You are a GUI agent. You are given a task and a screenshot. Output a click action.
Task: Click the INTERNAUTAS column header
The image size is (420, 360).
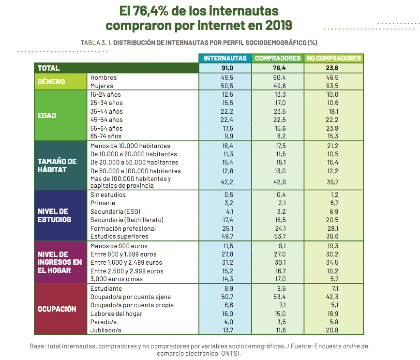225,58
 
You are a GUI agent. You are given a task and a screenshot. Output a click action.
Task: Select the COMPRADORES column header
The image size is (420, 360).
278,58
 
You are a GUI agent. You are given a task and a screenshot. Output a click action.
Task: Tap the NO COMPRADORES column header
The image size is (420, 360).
333,58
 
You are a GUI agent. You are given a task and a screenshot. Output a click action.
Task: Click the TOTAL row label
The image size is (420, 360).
49,68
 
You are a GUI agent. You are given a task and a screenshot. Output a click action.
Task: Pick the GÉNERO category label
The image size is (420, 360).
51,82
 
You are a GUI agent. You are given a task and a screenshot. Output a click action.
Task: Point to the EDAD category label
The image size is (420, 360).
47,116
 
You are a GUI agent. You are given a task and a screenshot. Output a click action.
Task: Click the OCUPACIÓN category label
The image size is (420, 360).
57,309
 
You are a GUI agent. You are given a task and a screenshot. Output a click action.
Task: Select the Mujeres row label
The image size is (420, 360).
102,86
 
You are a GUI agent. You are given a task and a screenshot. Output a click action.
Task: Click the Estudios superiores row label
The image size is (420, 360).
119,237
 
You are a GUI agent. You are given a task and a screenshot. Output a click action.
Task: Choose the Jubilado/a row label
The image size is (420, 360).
106,330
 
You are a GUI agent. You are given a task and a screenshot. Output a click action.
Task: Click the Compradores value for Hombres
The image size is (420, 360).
280,77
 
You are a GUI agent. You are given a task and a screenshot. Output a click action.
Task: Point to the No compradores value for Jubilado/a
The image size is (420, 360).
332,330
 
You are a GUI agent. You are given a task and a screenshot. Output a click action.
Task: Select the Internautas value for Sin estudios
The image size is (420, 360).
227,195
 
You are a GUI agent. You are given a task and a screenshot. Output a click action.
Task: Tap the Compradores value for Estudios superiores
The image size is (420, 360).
280,237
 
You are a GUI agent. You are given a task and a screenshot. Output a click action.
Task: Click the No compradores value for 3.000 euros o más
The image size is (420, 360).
332,279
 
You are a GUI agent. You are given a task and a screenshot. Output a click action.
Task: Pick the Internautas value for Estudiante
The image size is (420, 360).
227,288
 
